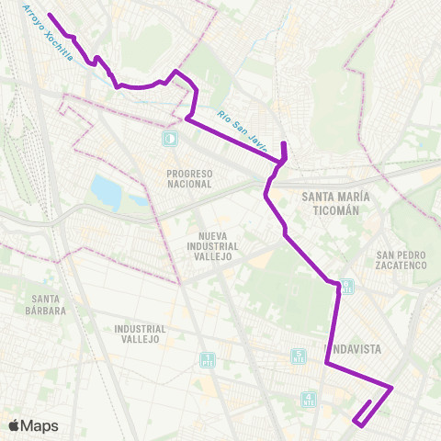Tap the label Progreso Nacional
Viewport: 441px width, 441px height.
point(189,178)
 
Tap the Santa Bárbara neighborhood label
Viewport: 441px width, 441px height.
point(46,304)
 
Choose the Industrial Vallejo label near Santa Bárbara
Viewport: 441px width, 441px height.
point(140,334)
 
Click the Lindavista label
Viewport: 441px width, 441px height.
point(354,349)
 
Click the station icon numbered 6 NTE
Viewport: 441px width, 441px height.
point(346,288)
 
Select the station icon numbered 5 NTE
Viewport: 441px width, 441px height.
point(299,356)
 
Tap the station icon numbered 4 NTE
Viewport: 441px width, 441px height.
point(308,399)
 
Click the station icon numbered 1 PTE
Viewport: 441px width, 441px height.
point(207,359)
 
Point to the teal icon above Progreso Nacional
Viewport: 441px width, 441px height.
point(169,139)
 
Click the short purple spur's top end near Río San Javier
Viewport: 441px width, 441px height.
point(283,143)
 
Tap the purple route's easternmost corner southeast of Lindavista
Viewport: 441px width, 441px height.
point(392,388)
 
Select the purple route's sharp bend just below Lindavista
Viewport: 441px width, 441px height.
point(326,363)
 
